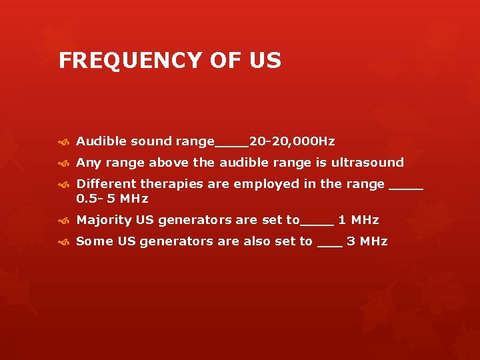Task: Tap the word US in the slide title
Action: [265, 61]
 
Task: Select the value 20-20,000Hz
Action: [292, 141]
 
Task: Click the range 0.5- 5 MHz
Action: [112, 199]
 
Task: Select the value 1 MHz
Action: [359, 220]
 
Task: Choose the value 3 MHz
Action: [367, 241]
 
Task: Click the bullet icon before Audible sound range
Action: [64, 141]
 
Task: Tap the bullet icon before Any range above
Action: [64, 163]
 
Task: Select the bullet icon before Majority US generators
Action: [64, 220]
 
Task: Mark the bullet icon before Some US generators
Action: [64, 241]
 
